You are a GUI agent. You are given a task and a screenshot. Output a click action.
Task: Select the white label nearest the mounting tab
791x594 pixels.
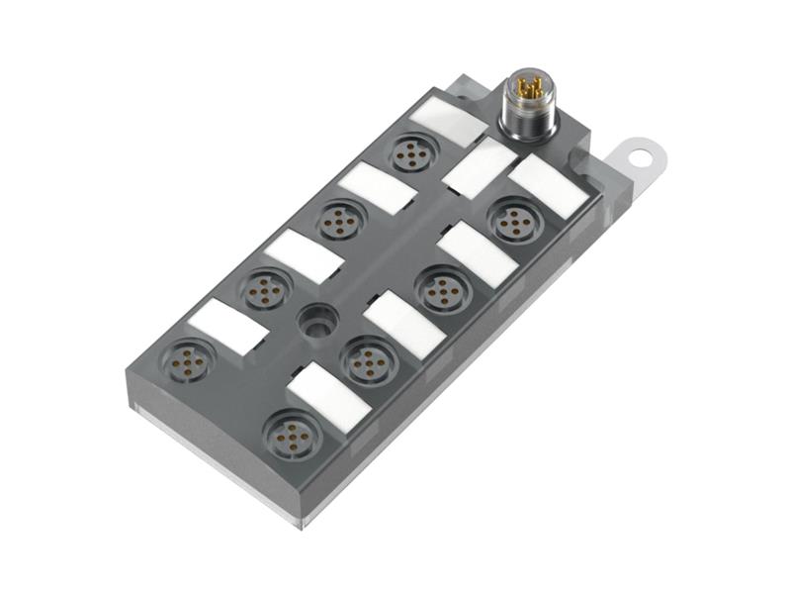pos(548,186)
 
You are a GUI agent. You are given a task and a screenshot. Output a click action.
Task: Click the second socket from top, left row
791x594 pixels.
pos(340,219)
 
